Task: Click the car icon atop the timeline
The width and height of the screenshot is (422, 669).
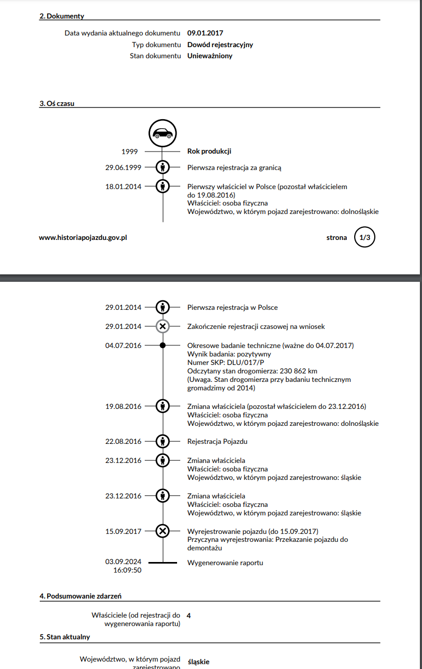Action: [163, 133]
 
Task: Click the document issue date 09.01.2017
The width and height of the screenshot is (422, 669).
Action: [205, 33]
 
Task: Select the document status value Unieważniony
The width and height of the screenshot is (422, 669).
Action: [210, 56]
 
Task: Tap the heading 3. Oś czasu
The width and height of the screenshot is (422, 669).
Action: [57, 103]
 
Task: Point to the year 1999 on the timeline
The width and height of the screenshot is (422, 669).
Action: [130, 151]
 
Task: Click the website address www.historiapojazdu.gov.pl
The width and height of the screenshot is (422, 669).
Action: [83, 238]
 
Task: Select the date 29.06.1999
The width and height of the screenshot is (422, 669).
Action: [123, 168]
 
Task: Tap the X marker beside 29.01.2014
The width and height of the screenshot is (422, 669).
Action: [163, 326]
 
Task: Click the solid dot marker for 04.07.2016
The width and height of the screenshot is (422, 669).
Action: [163, 345]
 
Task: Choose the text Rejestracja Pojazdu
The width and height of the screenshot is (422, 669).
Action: [217, 441]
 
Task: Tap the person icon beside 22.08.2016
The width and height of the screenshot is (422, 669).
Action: [163, 441]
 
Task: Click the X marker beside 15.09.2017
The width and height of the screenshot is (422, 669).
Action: [163, 531]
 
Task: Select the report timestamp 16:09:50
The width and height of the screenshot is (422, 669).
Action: [127, 570]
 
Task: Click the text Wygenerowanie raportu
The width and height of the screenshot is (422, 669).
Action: [225, 563]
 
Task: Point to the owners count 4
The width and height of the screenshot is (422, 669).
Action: [189, 616]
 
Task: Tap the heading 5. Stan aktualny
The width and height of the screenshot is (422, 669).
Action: [65, 637]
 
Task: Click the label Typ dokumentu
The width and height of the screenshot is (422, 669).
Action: [156, 44]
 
